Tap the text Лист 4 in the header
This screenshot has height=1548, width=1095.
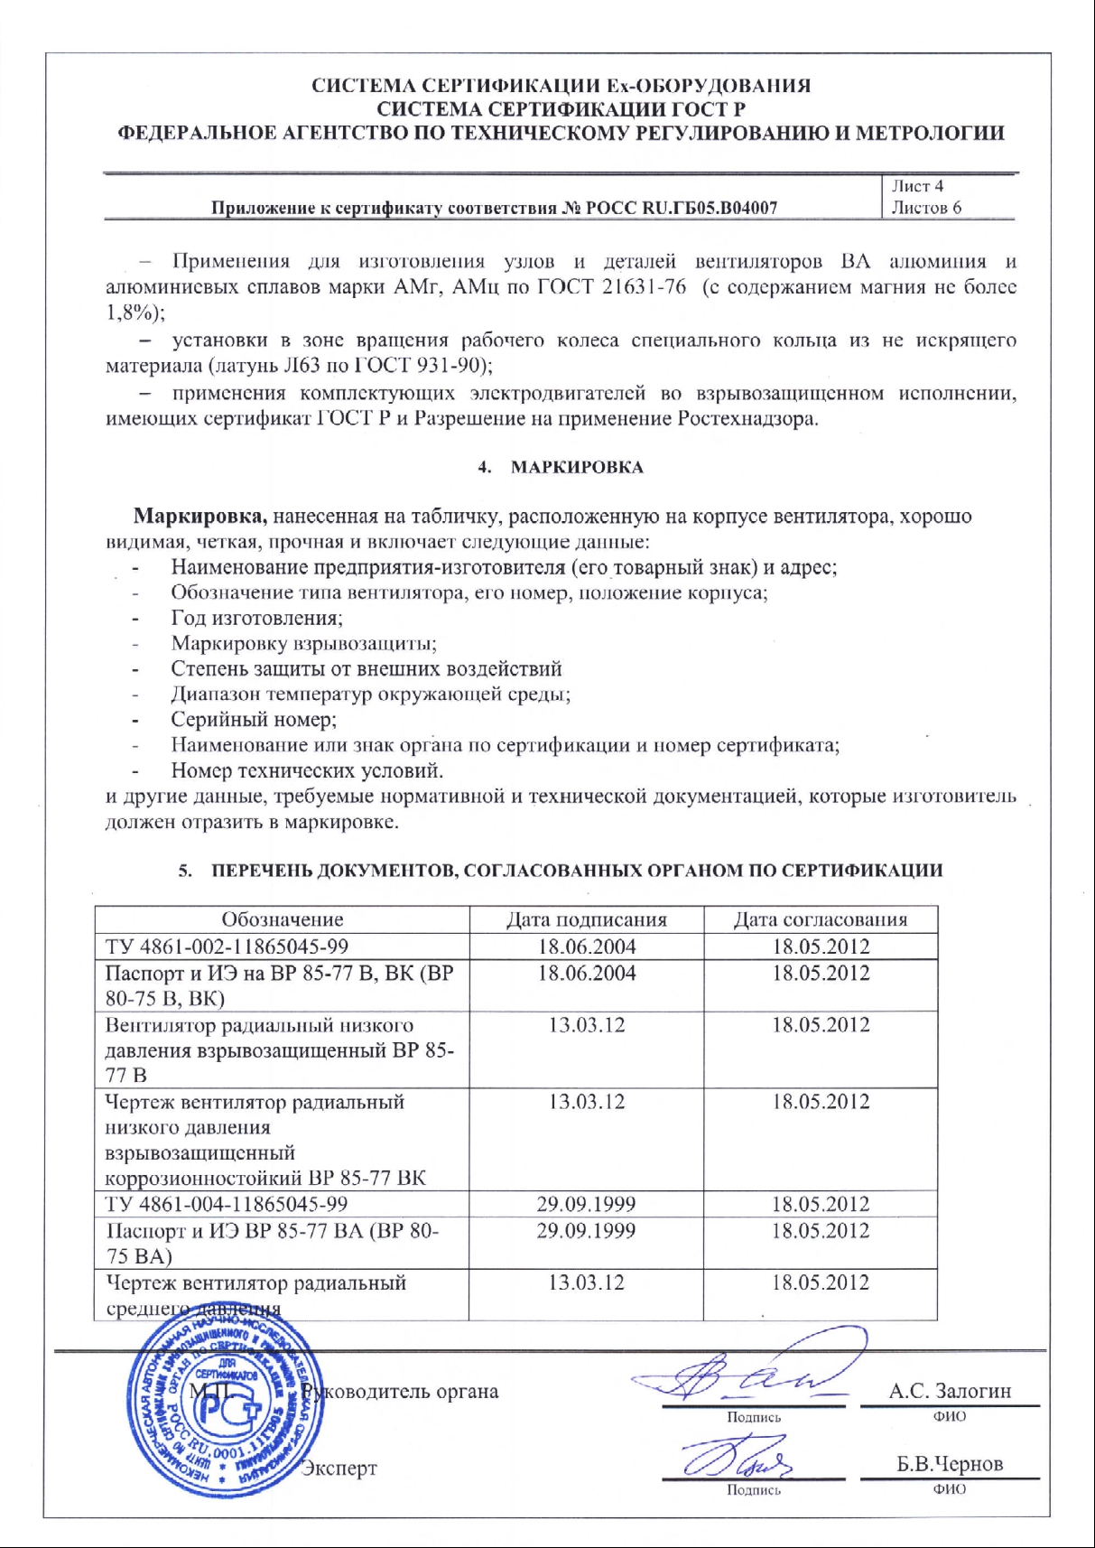[x=917, y=186]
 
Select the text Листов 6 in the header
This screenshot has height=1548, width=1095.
[x=926, y=208]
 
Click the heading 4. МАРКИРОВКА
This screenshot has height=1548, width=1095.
[x=561, y=467]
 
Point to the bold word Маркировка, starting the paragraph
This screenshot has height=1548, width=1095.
[x=200, y=517]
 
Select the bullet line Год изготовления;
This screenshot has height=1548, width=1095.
[x=256, y=619]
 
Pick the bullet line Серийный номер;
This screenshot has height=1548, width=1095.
[x=254, y=720]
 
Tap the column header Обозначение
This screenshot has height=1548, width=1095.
[x=283, y=919]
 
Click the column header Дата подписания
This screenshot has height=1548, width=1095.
[x=587, y=919]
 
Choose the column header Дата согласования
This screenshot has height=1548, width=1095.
[x=821, y=919]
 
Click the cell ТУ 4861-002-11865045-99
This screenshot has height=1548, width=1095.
[x=227, y=947]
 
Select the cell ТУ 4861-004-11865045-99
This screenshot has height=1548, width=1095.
[x=227, y=1204]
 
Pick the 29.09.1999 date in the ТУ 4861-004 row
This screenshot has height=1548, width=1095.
[x=586, y=1204]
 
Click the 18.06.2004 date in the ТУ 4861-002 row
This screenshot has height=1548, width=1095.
[x=587, y=947]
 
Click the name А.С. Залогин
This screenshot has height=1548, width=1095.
[x=950, y=1392]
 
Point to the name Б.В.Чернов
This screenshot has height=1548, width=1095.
[x=950, y=1464]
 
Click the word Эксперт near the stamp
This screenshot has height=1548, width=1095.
[x=339, y=1469]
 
